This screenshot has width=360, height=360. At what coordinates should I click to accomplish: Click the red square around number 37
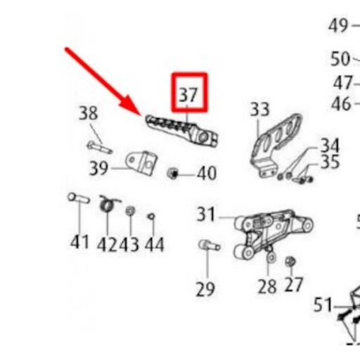click(188, 92)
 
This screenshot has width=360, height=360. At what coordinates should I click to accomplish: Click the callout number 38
click(88, 113)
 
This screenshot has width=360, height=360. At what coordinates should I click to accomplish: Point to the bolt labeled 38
click(99, 148)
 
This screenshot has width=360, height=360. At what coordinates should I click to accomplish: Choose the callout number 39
click(98, 169)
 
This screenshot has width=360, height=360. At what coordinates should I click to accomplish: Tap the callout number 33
click(259, 110)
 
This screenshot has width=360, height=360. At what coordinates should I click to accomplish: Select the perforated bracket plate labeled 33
click(276, 141)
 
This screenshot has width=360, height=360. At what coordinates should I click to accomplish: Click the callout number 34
click(329, 146)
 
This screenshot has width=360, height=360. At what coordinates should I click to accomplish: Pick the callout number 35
click(329, 162)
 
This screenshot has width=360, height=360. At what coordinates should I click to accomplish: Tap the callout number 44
click(153, 244)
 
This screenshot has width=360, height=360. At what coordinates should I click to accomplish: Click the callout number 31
click(205, 214)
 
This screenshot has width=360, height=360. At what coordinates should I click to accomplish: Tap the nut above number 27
click(290, 262)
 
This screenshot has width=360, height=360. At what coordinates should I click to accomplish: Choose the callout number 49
click(338, 26)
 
